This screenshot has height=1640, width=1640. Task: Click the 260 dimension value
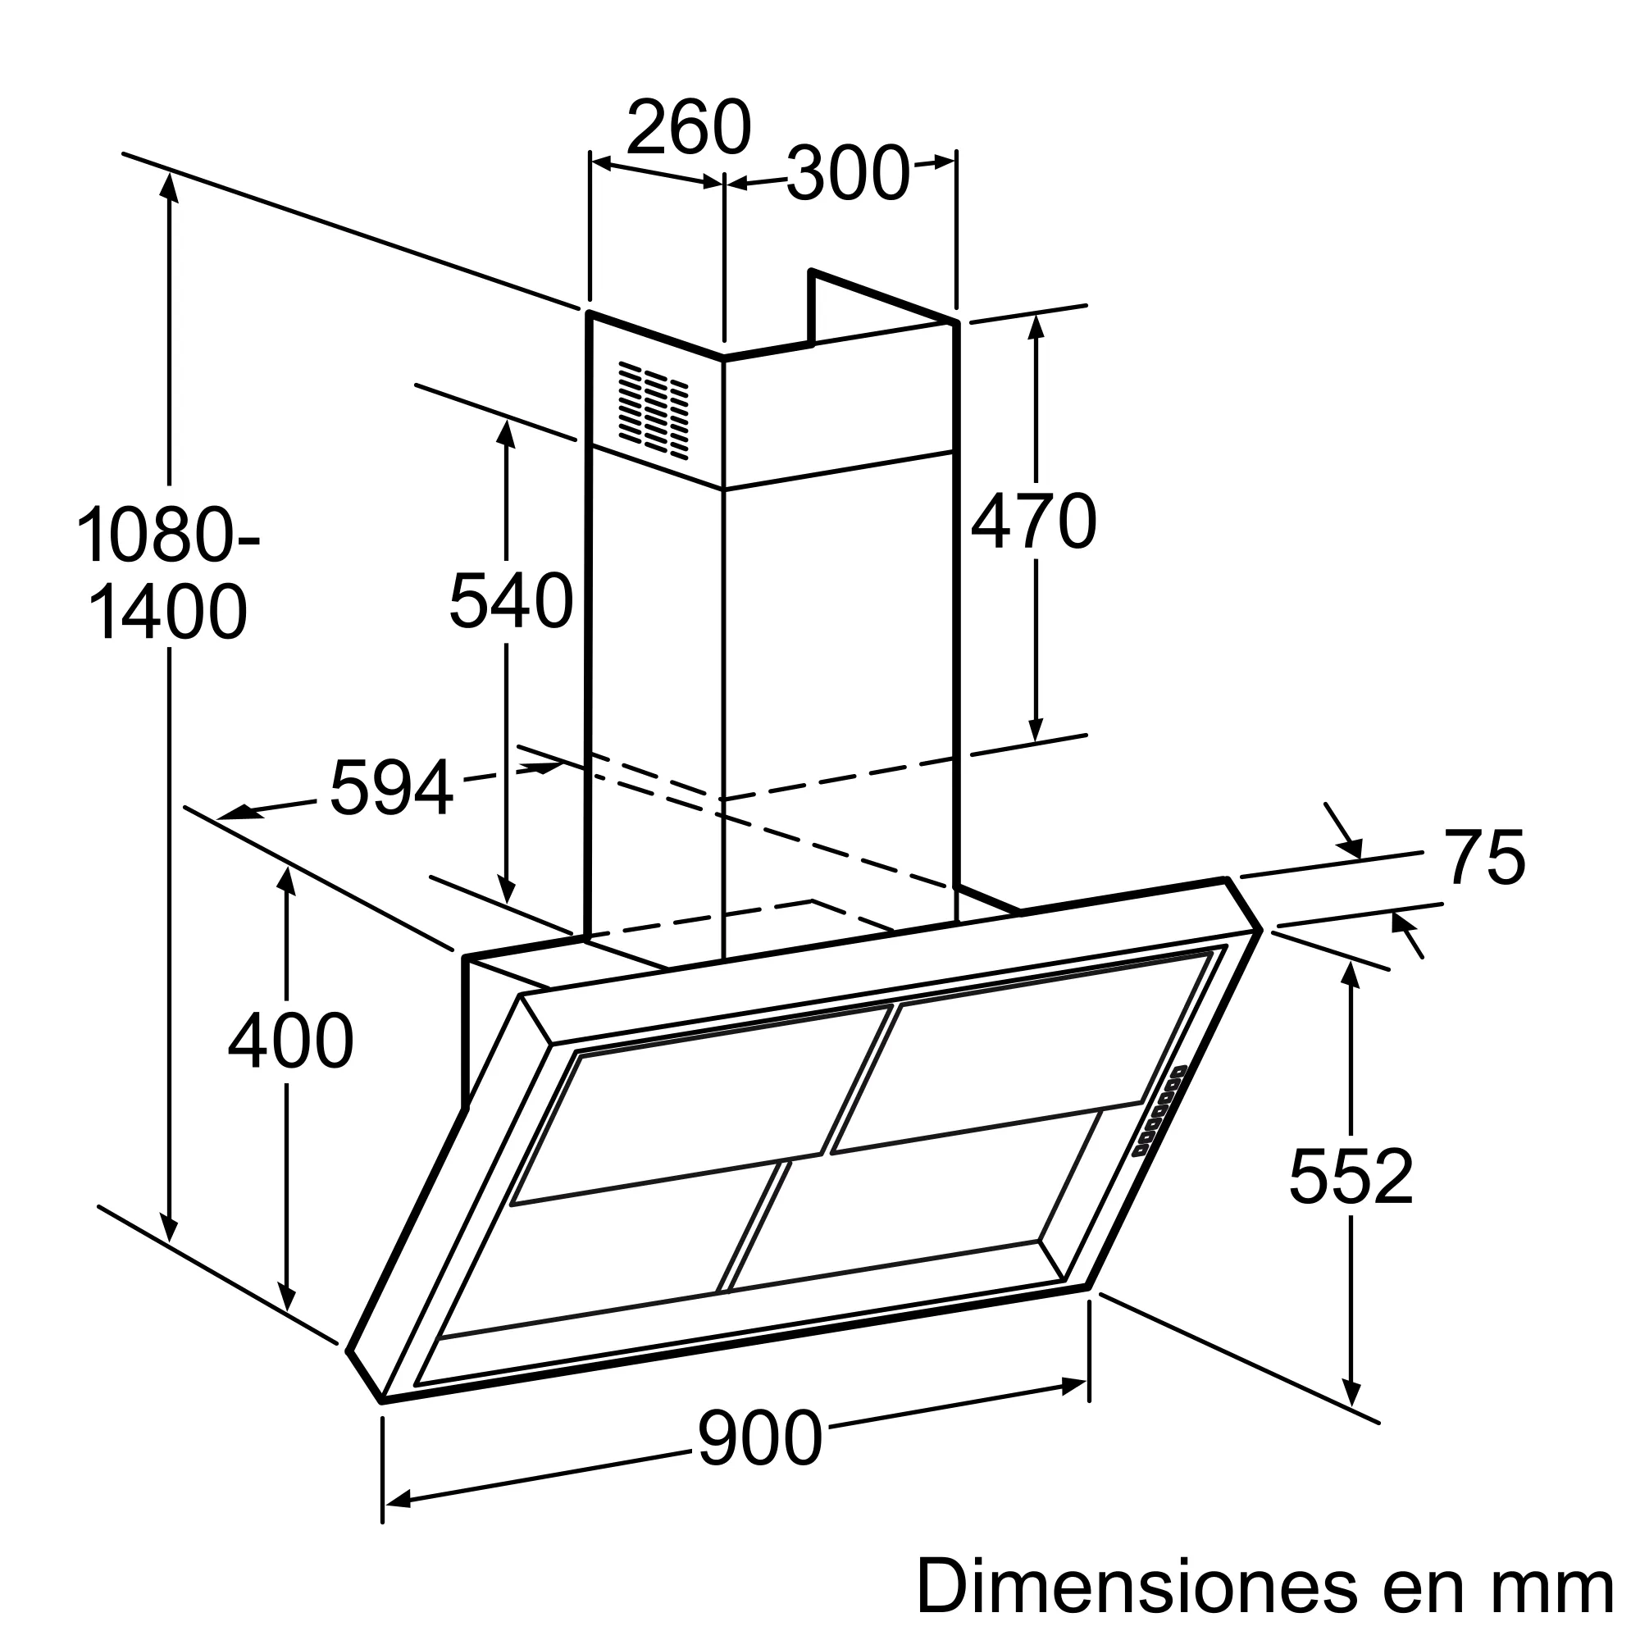click(x=689, y=127)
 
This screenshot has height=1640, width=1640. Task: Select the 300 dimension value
click(x=847, y=174)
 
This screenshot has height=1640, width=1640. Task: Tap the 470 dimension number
click(x=1033, y=522)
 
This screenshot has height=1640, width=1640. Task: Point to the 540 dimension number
click(x=511, y=601)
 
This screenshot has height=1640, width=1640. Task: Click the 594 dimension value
click(x=391, y=789)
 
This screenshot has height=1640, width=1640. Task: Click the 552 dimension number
click(x=1351, y=1177)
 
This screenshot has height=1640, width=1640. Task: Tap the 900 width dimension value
click(x=760, y=1438)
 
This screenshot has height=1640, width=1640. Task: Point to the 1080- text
click(x=168, y=535)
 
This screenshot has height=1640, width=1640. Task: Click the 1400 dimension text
click(x=167, y=613)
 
